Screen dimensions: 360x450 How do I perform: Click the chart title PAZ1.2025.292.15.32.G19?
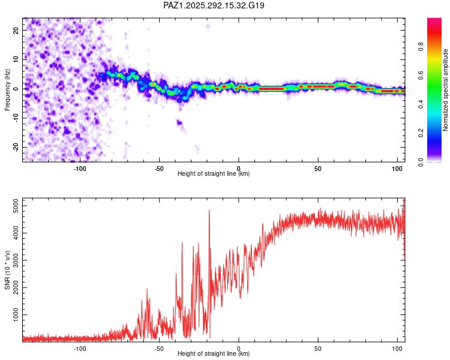pyautogui.click(x=214, y=5)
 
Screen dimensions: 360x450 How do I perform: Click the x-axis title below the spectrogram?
pyautogui.click(x=214, y=174)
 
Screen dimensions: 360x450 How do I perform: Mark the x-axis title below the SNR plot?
pyautogui.click(x=214, y=354)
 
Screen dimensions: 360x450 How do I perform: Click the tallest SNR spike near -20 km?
pyautogui.click(x=209, y=211)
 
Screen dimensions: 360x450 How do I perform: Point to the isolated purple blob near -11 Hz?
pyautogui.click(x=179, y=122)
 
